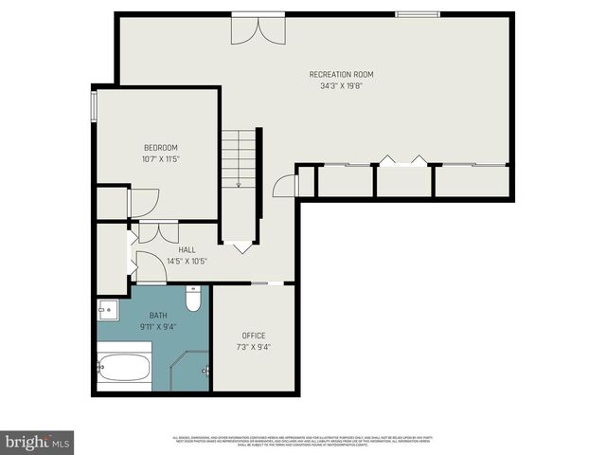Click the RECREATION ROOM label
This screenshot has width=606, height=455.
pyautogui.click(x=342, y=74)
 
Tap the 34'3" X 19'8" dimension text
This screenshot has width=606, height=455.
pyautogui.click(x=342, y=85)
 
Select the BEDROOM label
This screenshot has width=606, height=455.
pyautogui.click(x=161, y=147)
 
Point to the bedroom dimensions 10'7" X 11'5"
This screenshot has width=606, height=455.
pyautogui.click(x=161, y=158)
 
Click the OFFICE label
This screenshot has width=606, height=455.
pyautogui.click(x=254, y=335)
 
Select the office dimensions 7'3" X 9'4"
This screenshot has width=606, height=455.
pyautogui.click(x=254, y=347)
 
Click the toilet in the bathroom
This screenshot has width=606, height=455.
pyautogui.click(x=193, y=300)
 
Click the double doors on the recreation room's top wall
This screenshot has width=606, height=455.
pyautogui.click(x=258, y=27)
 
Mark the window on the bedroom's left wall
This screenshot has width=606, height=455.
pyautogui.click(x=93, y=106)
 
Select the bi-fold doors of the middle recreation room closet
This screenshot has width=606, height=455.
pyautogui.click(x=402, y=159)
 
